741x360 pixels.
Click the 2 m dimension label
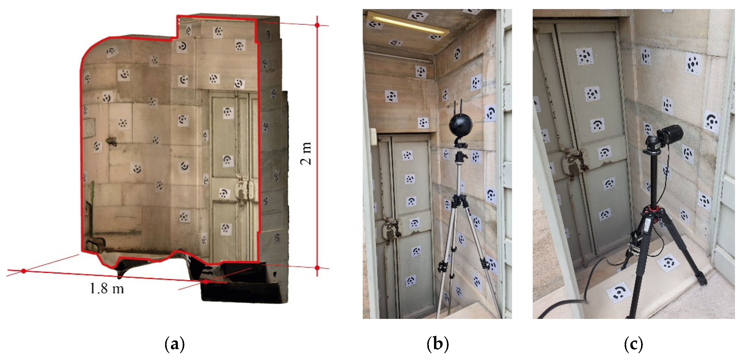(306, 153)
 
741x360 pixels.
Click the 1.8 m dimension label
(107, 288)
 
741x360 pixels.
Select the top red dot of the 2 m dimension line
(317, 25)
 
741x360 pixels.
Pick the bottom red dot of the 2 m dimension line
(317, 268)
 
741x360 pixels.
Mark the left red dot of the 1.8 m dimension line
(24, 271)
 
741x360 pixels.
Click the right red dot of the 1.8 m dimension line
(206, 281)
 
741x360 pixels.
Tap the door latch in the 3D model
(245, 190)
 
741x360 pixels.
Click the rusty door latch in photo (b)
(391, 227)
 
